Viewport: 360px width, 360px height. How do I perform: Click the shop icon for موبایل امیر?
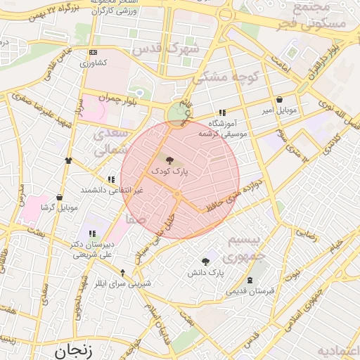point(281,99)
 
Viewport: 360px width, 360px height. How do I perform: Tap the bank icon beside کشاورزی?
point(94,53)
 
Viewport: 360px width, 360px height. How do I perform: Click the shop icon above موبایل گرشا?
point(59,197)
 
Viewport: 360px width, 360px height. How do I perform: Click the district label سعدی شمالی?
point(112,141)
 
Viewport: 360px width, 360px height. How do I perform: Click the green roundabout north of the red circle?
point(178,112)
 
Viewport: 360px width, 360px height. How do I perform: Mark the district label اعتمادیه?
point(338,350)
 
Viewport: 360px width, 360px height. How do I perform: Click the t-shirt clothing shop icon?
point(68,160)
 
